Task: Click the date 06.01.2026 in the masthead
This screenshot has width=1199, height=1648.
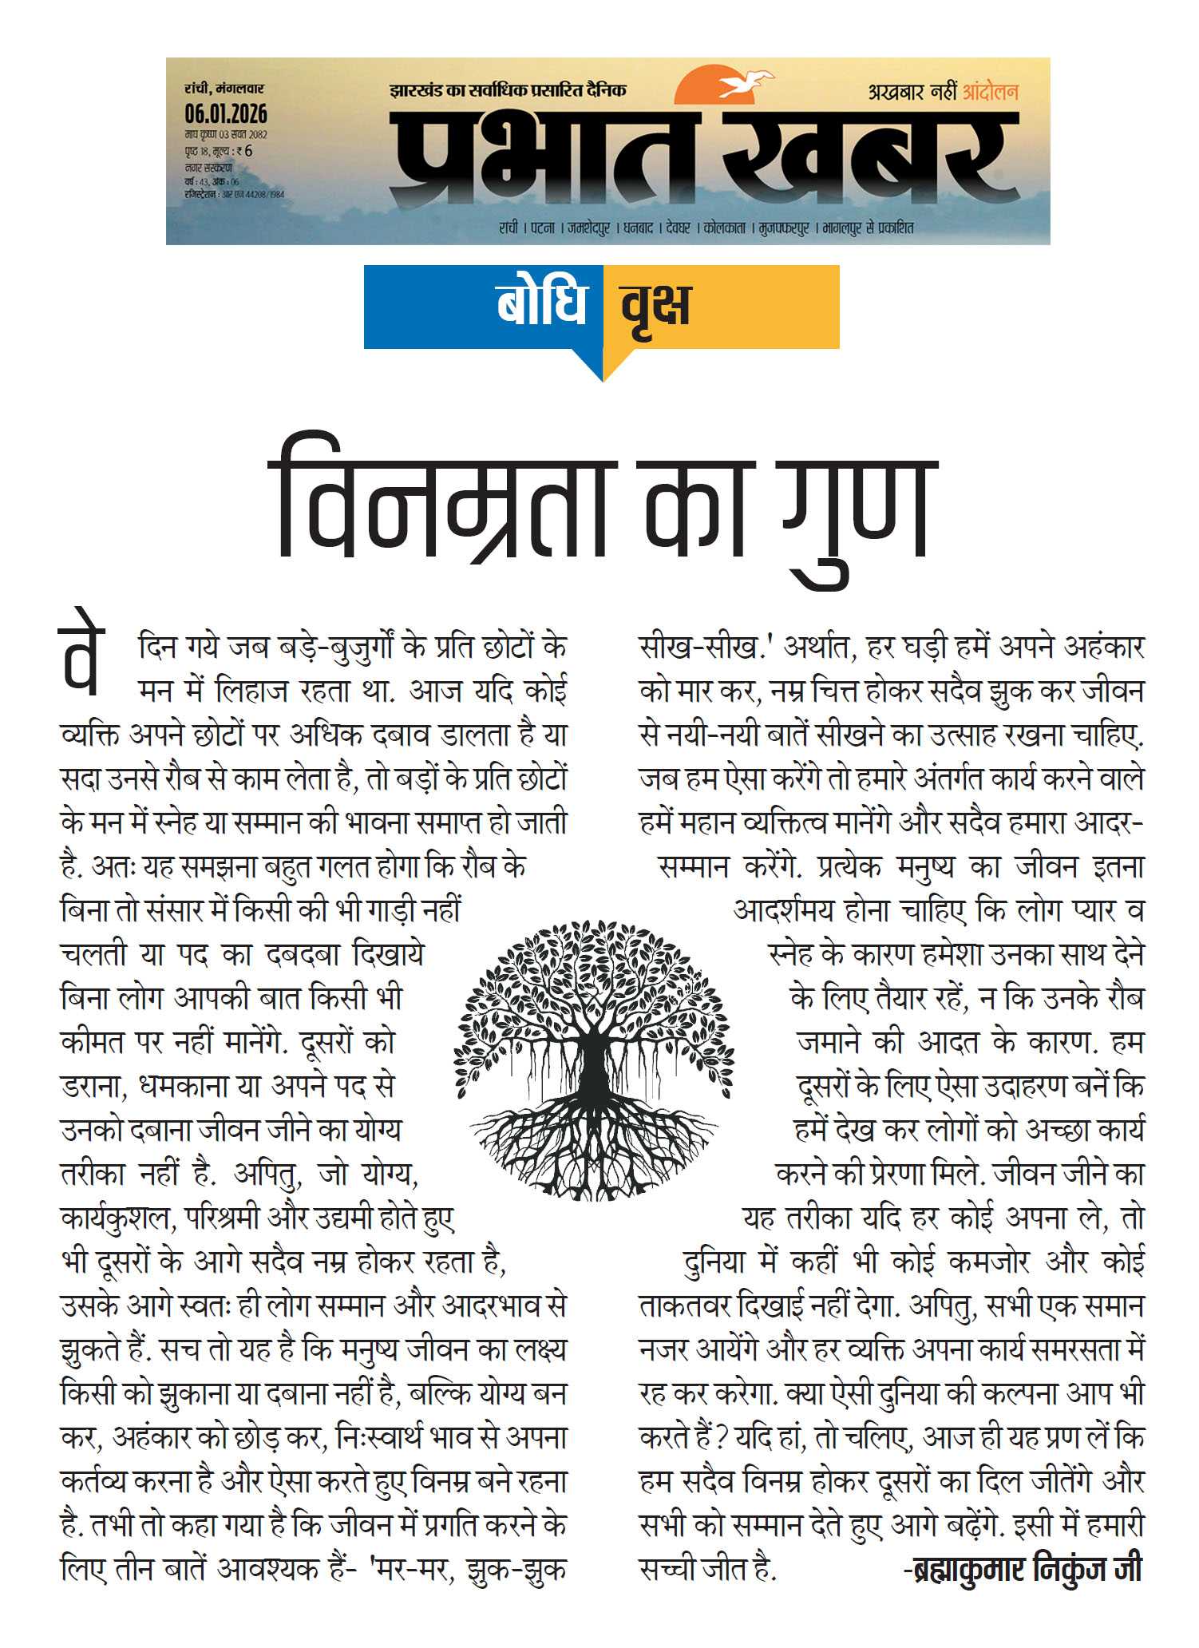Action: (226, 113)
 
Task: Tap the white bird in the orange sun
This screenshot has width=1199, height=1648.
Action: (746, 82)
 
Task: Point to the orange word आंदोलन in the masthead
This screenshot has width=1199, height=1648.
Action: (990, 92)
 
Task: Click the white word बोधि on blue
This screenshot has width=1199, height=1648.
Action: (542, 305)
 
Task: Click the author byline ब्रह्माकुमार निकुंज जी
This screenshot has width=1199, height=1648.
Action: (1023, 1569)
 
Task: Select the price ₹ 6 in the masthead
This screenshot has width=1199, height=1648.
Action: (244, 151)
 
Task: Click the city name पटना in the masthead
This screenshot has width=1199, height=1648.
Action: (543, 228)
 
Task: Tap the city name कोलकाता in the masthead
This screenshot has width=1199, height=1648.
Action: (724, 228)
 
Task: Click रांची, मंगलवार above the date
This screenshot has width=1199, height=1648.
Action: (224, 89)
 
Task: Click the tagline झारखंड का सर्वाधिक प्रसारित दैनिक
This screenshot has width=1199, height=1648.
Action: (508, 90)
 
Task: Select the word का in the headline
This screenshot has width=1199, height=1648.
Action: (694, 511)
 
